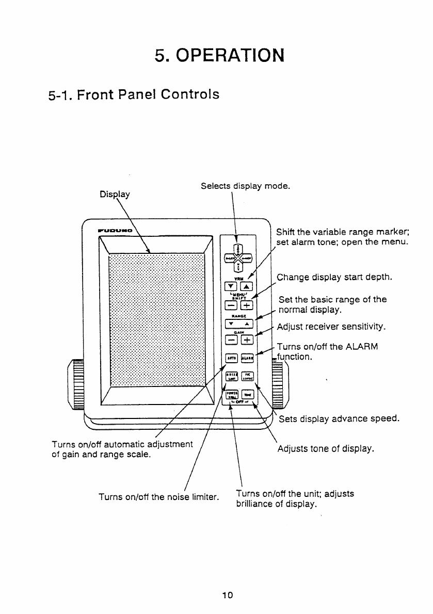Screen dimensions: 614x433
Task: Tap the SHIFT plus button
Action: tap(248, 304)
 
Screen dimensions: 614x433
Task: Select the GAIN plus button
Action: tap(248, 340)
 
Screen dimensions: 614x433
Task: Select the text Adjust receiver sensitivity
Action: tap(331, 327)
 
